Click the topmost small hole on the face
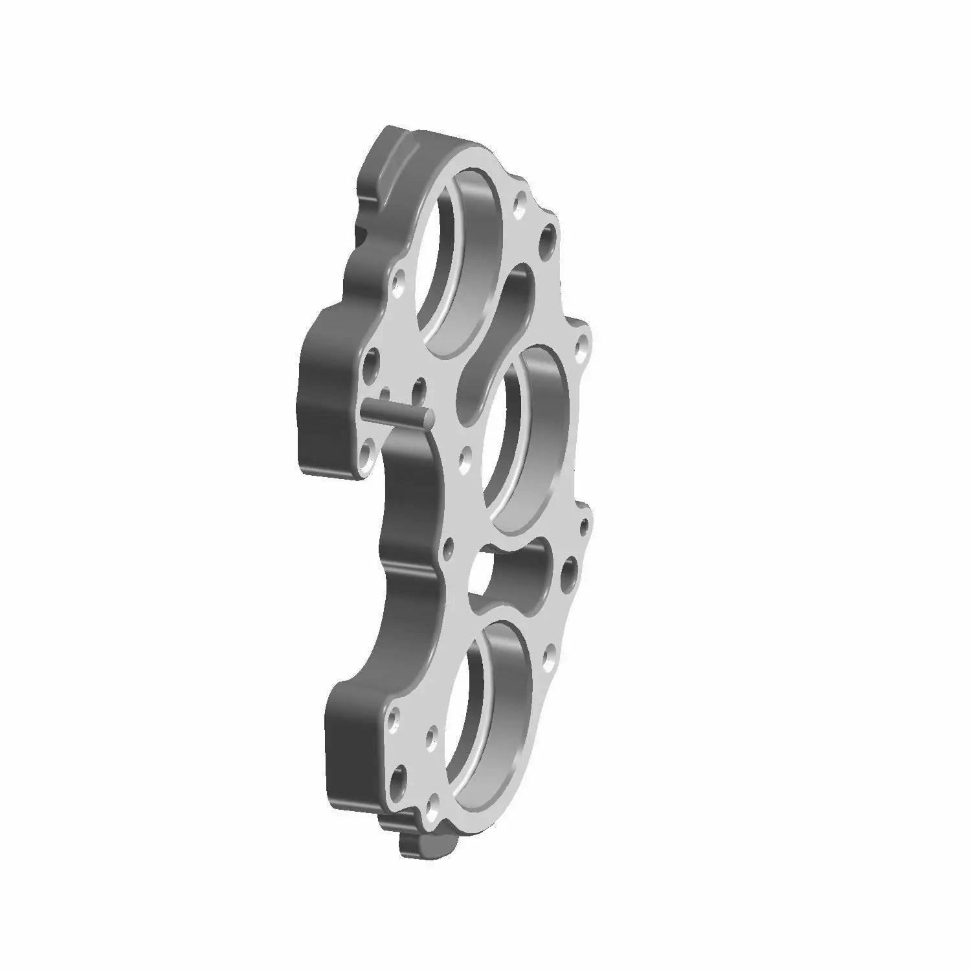[x=518, y=206]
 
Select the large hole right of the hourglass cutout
[x=570, y=572]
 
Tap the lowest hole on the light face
[x=430, y=809]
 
